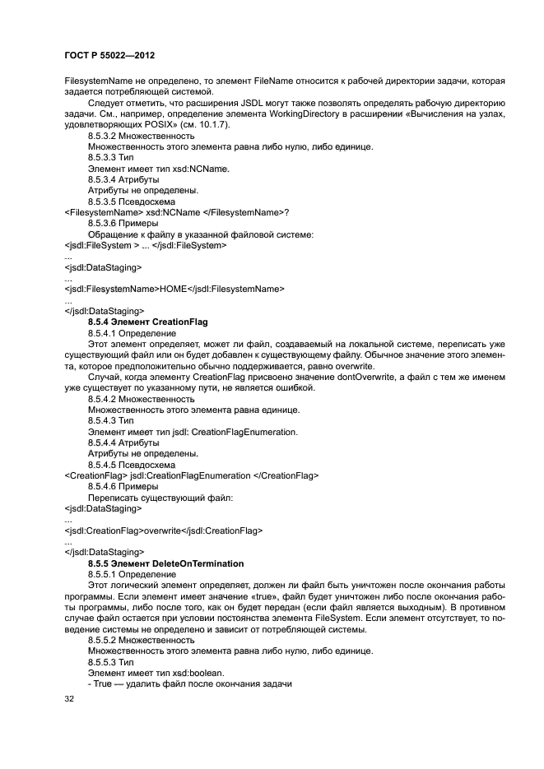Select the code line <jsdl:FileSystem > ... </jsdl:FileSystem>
click(x=145, y=245)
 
